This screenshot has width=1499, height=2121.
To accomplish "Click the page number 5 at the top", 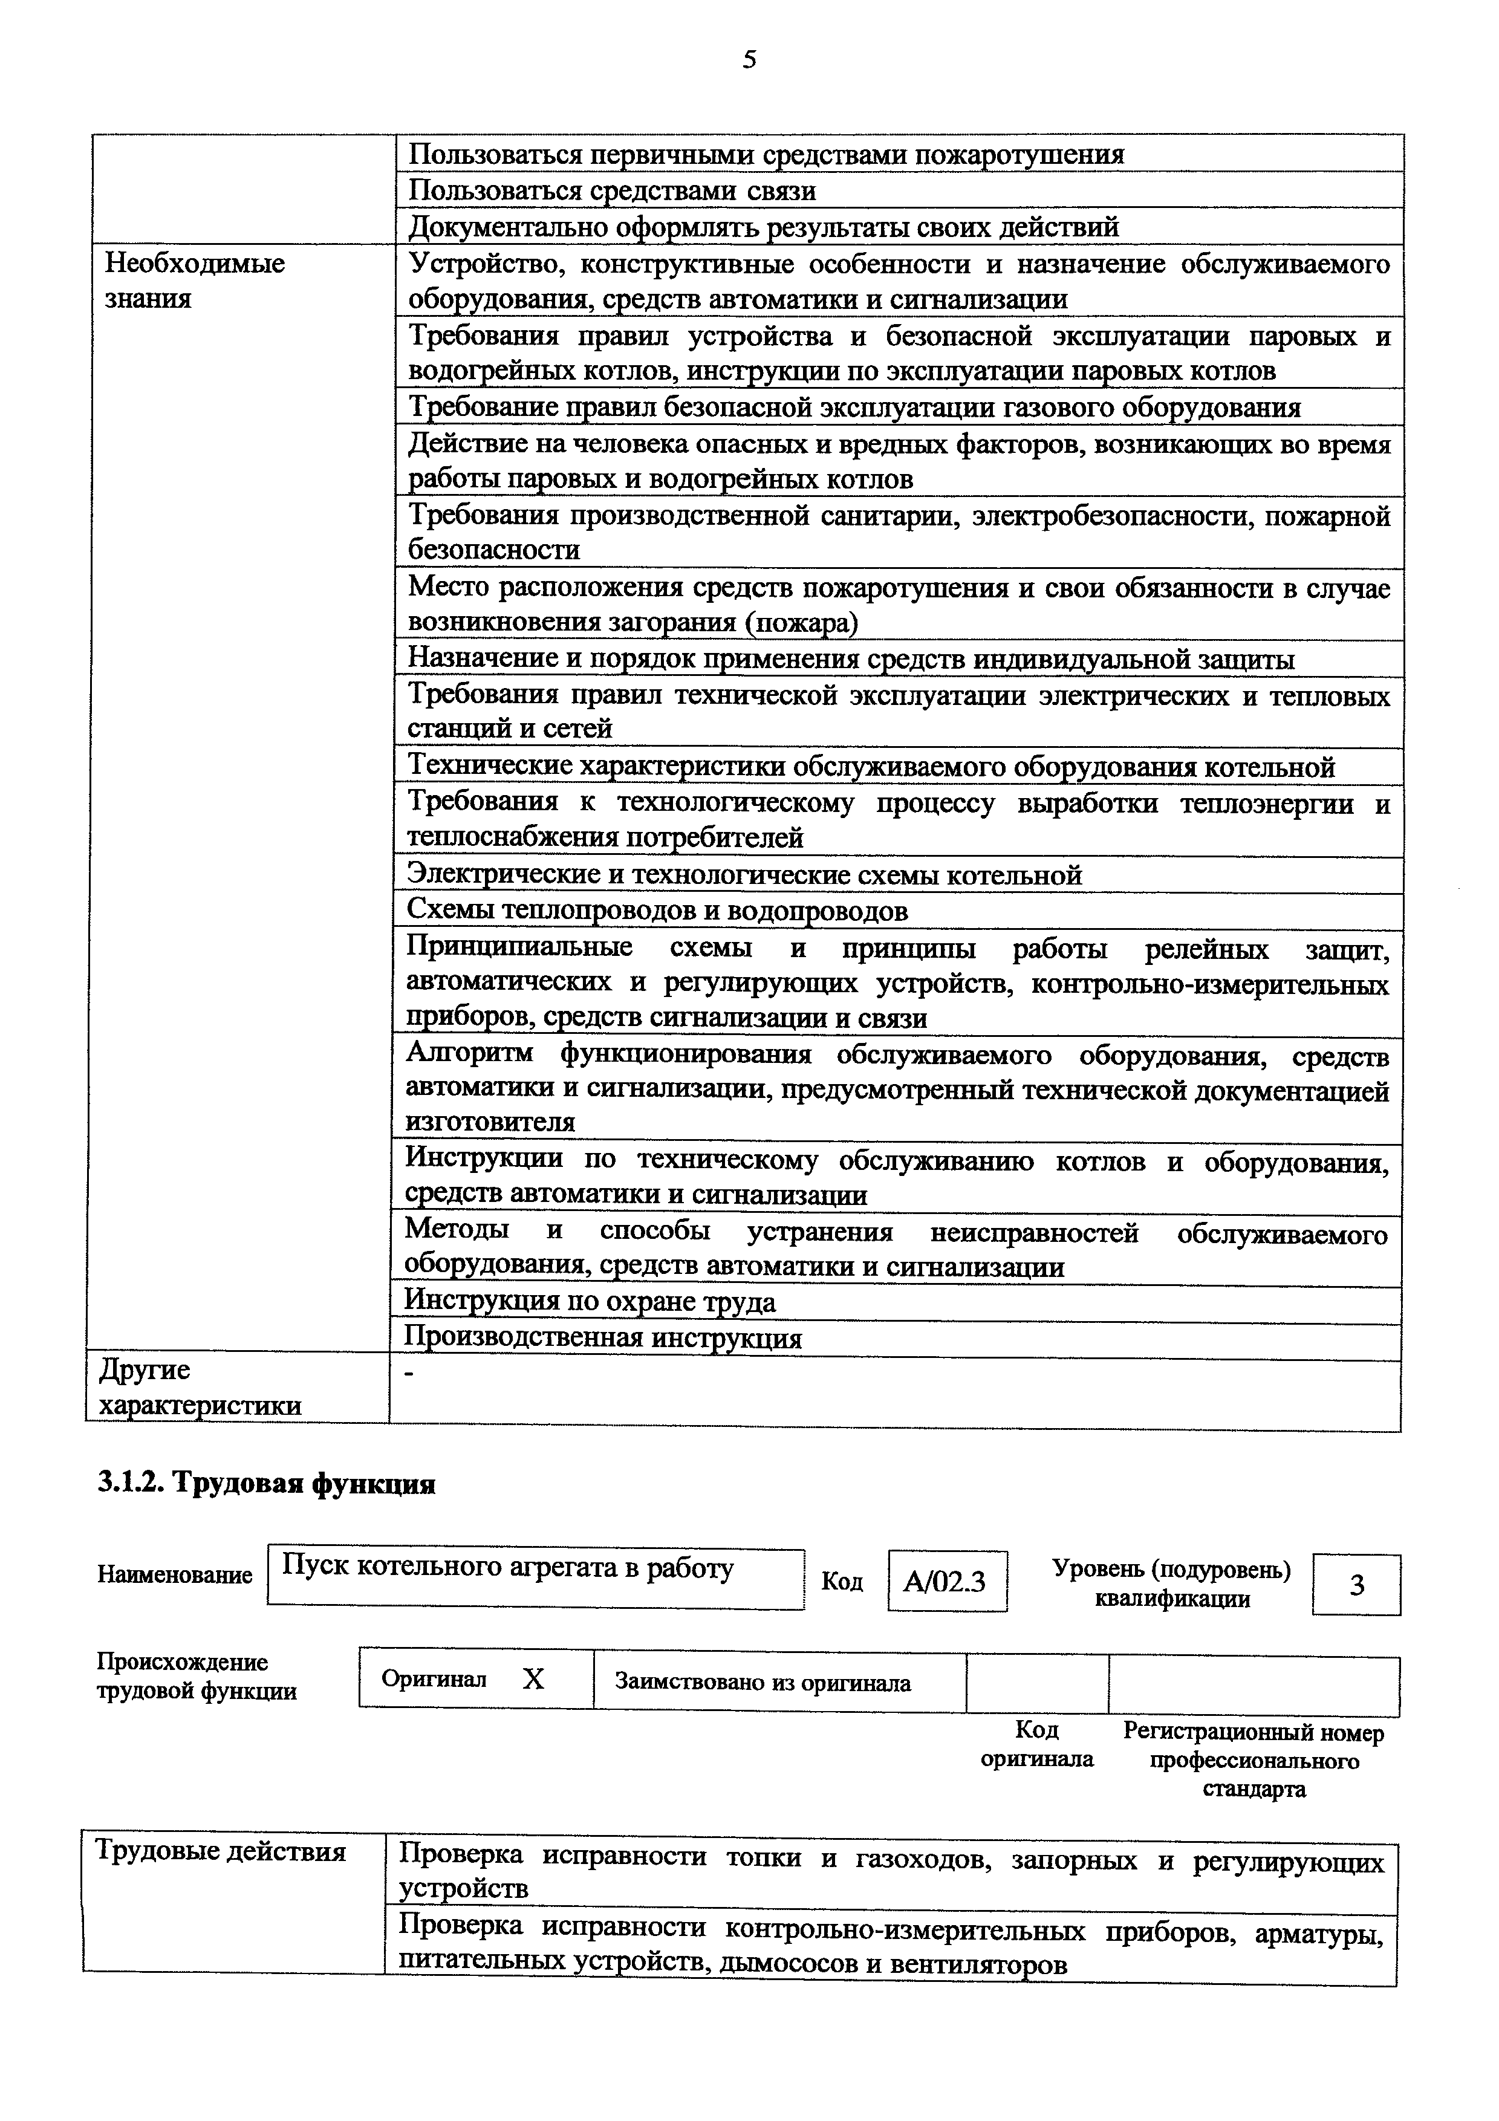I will (x=749, y=61).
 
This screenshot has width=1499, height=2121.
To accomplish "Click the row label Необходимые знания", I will (x=195, y=281).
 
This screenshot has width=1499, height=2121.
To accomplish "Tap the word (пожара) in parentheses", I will (x=802, y=623).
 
